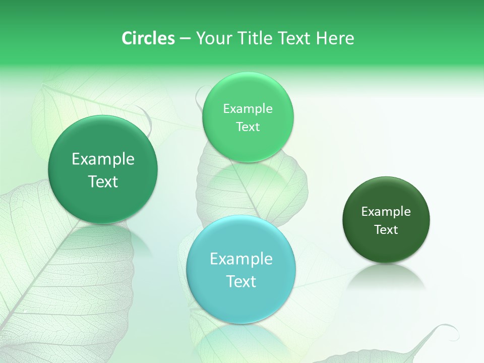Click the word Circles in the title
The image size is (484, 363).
[148, 38]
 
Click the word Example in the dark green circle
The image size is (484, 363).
[386, 212]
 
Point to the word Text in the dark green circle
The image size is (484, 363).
[386, 230]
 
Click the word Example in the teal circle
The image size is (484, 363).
[241, 259]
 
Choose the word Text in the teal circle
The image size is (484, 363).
[241, 281]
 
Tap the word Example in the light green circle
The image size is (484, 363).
[248, 109]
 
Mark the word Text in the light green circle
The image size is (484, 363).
[248, 127]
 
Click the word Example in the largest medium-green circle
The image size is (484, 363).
[103, 159]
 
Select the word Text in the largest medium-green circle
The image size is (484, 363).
[103, 181]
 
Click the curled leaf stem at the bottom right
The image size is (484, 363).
[444, 330]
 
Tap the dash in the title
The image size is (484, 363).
[185, 38]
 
